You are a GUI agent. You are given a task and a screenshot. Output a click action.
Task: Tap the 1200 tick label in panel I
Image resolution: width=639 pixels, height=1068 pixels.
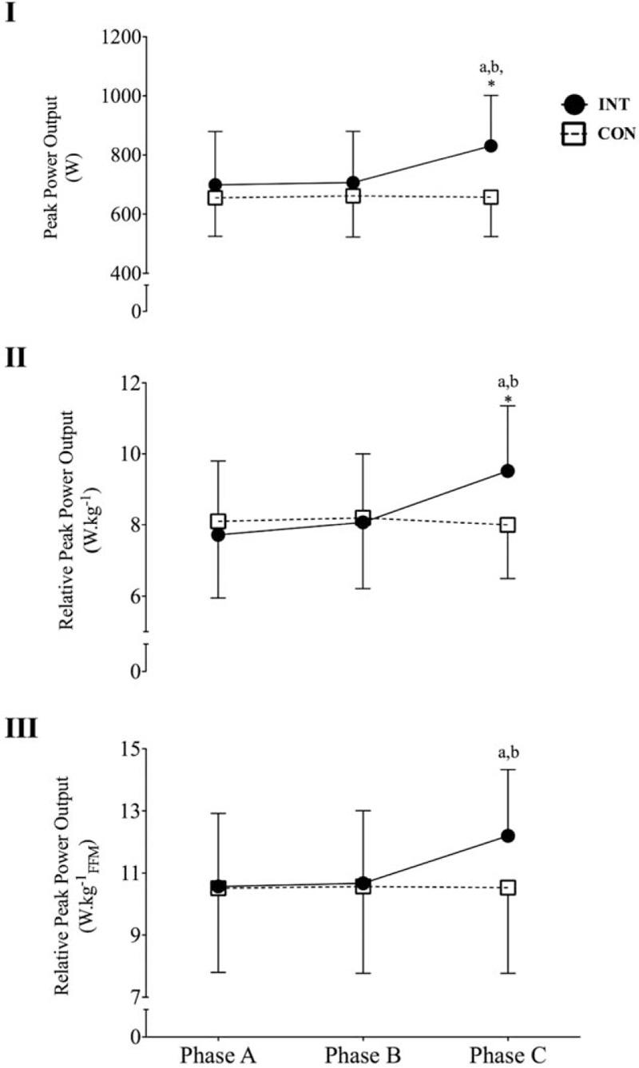[x=120, y=37]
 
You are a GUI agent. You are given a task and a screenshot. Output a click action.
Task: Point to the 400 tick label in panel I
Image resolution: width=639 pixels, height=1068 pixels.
[x=125, y=273]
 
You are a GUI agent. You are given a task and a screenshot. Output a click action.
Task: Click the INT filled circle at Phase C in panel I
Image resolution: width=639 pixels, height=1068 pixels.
[x=490, y=146]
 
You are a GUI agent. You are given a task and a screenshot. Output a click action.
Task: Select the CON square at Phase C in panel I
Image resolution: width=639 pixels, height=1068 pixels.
[x=490, y=197]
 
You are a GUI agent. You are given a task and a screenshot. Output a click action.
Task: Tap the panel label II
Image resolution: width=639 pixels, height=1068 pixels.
[x=18, y=356]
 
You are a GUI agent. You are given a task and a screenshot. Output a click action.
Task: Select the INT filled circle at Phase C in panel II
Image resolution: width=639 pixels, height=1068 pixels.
[x=507, y=470]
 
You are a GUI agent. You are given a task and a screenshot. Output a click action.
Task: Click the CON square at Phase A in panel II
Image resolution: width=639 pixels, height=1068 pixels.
[x=218, y=521]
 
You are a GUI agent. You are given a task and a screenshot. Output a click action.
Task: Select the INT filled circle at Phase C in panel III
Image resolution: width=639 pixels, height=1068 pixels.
[x=507, y=836]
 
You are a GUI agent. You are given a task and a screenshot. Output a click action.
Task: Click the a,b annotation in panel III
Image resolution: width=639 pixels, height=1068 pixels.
[x=507, y=752]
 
